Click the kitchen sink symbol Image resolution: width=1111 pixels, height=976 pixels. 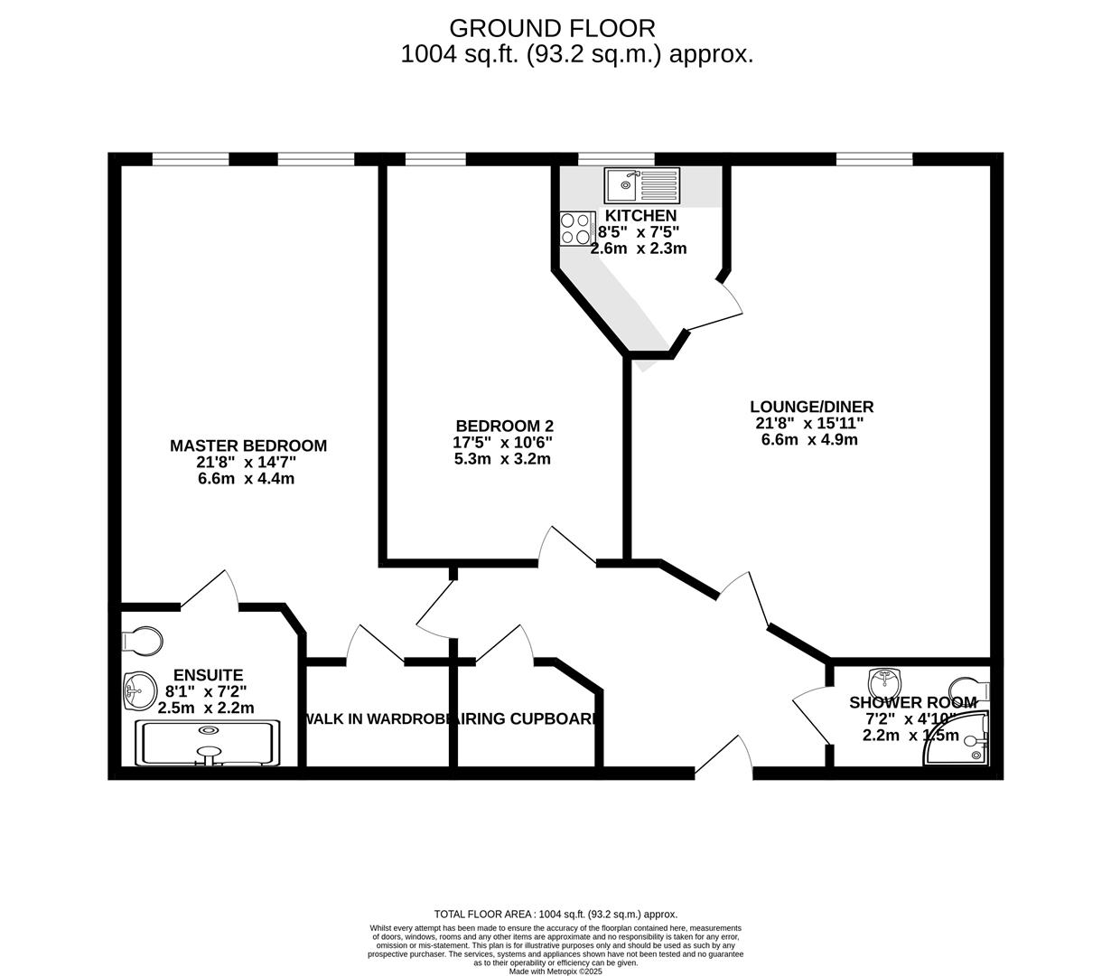click(x=642, y=186)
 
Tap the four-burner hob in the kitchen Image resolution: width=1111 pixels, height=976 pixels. click(x=576, y=228)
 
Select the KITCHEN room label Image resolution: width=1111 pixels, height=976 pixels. click(x=640, y=216)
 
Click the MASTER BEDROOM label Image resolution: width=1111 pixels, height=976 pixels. click(x=248, y=446)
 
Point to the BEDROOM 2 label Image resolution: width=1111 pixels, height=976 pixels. click(x=504, y=426)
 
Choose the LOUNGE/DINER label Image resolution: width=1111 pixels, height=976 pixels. click(x=811, y=407)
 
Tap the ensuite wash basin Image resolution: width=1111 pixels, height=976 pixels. click(x=138, y=692)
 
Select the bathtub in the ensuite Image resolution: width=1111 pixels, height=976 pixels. click(x=209, y=744)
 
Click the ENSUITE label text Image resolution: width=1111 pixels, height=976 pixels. click(x=208, y=675)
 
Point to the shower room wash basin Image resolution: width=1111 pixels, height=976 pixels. click(x=887, y=681)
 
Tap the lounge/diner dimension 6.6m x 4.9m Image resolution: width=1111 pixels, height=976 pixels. click(x=809, y=440)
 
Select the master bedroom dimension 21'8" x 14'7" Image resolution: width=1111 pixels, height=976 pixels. click(x=247, y=462)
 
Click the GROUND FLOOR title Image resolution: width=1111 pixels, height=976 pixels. click(x=552, y=28)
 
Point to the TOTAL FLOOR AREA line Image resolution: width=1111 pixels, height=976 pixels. click(x=555, y=914)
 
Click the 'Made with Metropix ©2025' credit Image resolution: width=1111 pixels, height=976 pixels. click(x=555, y=971)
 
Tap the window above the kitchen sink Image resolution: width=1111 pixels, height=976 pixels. click(x=616, y=159)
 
